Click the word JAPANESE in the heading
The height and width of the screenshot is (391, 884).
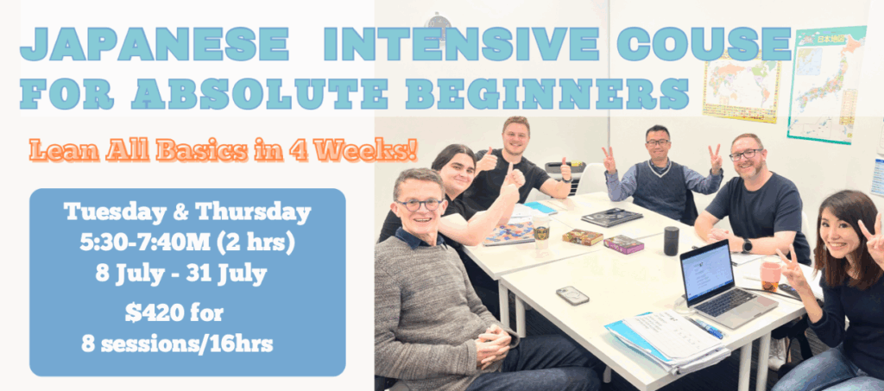[155, 43]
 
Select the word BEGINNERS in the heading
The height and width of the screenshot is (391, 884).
[546, 93]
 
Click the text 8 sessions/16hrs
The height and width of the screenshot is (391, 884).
[177, 344]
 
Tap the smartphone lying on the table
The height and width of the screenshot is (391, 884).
[572, 295]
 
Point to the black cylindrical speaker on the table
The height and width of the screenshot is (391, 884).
[671, 241]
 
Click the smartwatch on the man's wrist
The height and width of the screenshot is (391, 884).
[747, 246]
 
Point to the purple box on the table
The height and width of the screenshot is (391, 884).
[623, 244]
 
